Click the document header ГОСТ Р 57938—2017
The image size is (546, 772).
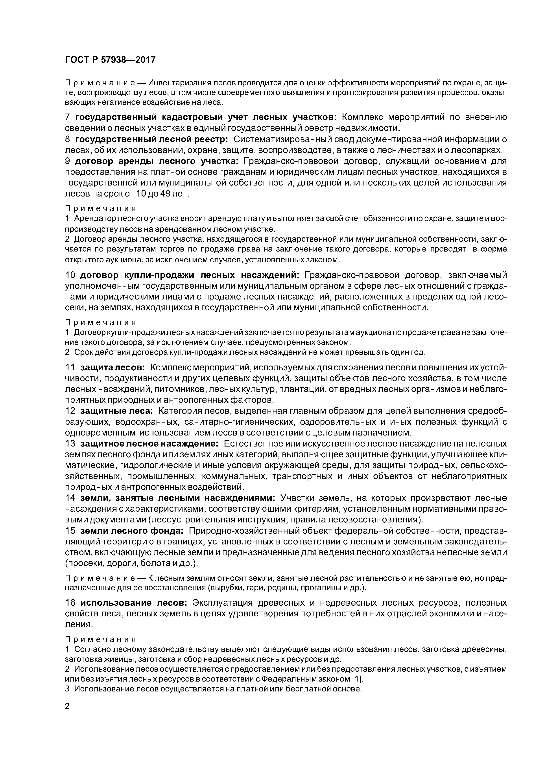(x=110, y=60)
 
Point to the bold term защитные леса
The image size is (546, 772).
(x=117, y=411)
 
